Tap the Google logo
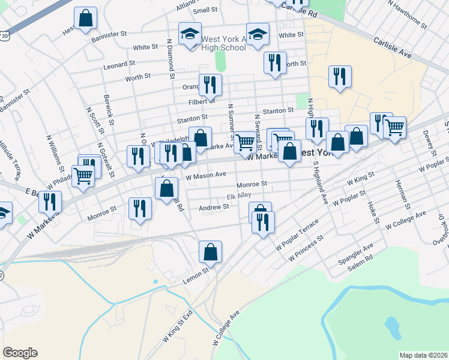pyautogui.click(x=20, y=353)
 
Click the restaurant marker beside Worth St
pyautogui.click(x=274, y=63)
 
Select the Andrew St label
pyautogui.click(x=214, y=206)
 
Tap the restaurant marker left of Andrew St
pyautogui.click(x=140, y=209)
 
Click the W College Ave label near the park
pyautogui.click(x=226, y=328)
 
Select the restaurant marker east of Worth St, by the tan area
pyautogui.click(x=340, y=76)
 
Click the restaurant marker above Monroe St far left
pyautogui.click(x=50, y=202)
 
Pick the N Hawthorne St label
pyautogui.click(x=406, y=14)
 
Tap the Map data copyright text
pyautogui.click(x=423, y=355)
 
